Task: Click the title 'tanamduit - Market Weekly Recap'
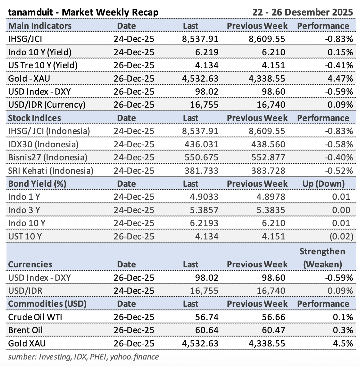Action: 83,12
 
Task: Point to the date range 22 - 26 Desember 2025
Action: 303,12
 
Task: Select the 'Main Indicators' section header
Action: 40,26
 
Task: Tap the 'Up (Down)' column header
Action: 323,184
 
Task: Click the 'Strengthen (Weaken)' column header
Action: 322,258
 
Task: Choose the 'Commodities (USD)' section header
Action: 47,304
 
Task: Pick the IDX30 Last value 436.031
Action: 201,144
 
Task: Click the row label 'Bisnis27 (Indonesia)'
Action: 48,157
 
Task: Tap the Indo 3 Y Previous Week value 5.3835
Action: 270,210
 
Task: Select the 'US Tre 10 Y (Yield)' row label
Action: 43,65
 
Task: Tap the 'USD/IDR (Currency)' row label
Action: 47,105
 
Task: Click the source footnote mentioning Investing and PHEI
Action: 83,357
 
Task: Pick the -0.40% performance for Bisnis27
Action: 339,157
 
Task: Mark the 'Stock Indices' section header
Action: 34,118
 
